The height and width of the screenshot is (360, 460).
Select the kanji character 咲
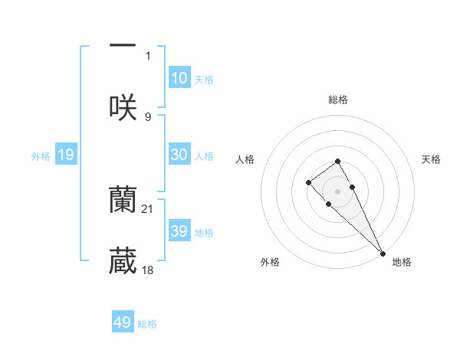coord(123,107)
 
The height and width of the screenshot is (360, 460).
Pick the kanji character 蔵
coord(123,260)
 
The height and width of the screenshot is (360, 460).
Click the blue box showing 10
coord(179,78)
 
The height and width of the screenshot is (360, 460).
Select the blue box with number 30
coord(179,155)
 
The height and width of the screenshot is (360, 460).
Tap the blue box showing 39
coord(179,231)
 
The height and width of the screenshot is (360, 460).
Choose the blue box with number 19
coord(66,155)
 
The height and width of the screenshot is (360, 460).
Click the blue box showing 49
coord(123,322)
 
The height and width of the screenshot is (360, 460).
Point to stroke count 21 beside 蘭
coord(148,209)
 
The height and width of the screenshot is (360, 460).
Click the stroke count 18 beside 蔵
coord(148,270)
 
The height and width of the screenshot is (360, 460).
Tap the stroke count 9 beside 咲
coord(148,116)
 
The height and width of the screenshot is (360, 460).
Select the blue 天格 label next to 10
coord(204,80)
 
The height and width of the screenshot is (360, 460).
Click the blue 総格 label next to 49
coord(147,324)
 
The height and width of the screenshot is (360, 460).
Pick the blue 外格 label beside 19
coord(41,156)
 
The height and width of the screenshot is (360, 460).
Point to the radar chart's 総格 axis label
coord(337,100)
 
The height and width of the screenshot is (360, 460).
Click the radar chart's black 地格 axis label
coord(402,262)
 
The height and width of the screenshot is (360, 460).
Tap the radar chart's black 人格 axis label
coord(245,159)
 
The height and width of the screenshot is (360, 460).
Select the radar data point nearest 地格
coord(383,254)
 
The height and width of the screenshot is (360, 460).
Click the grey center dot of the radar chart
coord(337,191)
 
